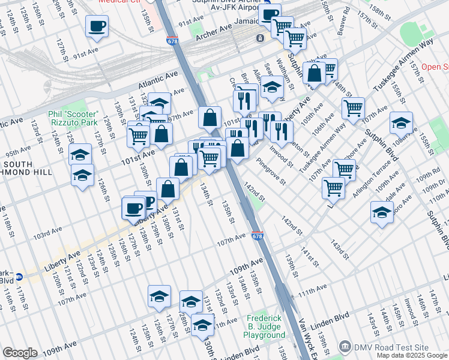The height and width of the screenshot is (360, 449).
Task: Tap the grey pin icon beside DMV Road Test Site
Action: [345, 347]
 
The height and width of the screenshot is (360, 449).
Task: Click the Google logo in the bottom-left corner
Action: [20, 353]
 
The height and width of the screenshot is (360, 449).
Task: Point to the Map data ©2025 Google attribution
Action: [412, 355]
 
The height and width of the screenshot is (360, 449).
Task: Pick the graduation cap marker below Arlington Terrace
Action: [382, 213]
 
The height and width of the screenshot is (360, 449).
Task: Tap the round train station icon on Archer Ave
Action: [260, 38]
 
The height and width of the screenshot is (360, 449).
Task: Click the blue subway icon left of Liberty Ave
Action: [19, 277]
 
